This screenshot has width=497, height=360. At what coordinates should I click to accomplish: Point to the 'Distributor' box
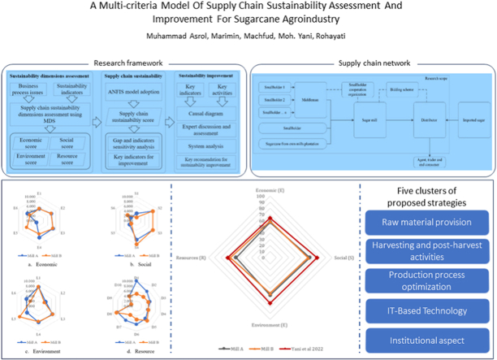point(427,119)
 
